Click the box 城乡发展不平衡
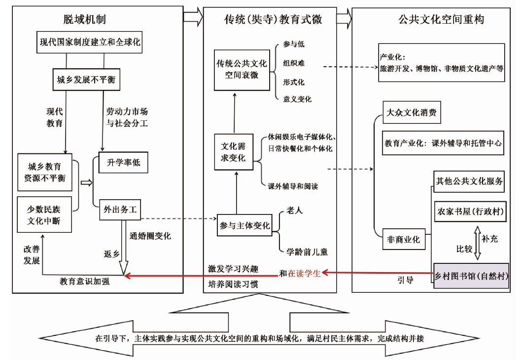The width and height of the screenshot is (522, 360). click(87, 79)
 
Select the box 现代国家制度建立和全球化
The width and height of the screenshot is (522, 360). click(90, 42)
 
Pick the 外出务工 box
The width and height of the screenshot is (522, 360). click(120, 210)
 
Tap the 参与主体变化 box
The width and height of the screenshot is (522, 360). click(244, 226)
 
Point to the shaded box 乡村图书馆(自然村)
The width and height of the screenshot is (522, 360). click(471, 275)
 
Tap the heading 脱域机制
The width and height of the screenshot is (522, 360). click(85, 19)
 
